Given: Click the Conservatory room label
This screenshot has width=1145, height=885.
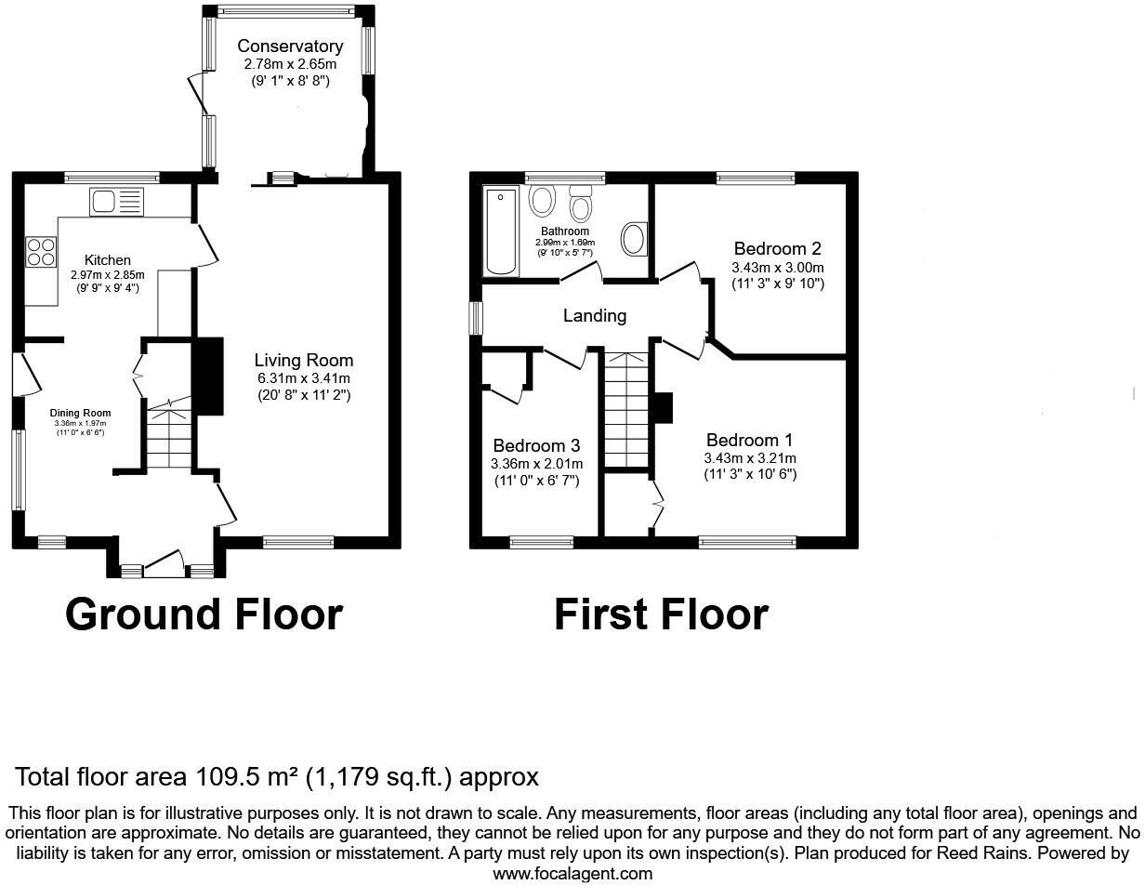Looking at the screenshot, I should point(289,46).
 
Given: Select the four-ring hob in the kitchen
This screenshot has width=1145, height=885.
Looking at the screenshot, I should point(40,252).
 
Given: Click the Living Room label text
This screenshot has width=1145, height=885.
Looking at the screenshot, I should point(304,361).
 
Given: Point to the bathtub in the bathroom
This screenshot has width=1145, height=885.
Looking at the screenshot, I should point(502,231).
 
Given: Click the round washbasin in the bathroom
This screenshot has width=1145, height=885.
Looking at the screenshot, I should point(633,238).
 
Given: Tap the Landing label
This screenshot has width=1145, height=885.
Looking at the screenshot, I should point(595,316).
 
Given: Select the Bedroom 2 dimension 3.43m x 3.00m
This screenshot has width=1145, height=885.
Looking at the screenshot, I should point(778,267).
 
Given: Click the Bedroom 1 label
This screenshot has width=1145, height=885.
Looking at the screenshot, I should point(749,440).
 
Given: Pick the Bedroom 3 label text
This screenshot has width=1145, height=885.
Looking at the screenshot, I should point(536,445).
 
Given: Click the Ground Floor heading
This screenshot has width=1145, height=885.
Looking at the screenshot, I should point(204,614).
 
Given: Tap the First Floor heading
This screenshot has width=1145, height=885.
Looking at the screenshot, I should point(661,614).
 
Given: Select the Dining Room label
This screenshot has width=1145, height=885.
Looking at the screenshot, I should point(80,414).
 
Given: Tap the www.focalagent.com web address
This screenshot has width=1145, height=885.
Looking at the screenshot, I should point(572,873).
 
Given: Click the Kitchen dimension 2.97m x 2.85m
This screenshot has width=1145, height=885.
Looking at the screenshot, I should point(108,275).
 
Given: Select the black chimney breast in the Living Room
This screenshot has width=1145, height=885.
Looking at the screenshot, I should point(208,376).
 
